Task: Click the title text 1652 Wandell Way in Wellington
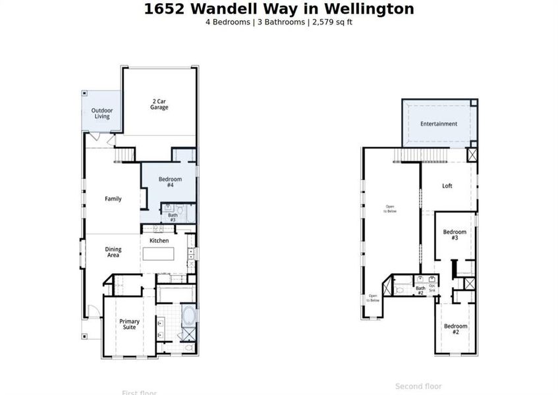[279, 9]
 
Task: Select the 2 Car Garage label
[159, 104]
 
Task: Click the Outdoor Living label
[101, 113]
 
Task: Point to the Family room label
[113, 199]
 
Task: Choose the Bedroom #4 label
[169, 182]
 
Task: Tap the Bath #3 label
[173, 217]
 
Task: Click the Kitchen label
[159, 241]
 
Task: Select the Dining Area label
[113, 252]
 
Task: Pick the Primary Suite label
[129, 325]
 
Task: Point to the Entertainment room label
[439, 124]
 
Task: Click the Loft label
[447, 186]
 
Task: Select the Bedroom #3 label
[455, 234]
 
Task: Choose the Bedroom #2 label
[455, 329]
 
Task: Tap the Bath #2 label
[420, 290]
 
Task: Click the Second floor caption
[418, 386]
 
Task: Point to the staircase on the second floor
[422, 155]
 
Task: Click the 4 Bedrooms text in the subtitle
[228, 22]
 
